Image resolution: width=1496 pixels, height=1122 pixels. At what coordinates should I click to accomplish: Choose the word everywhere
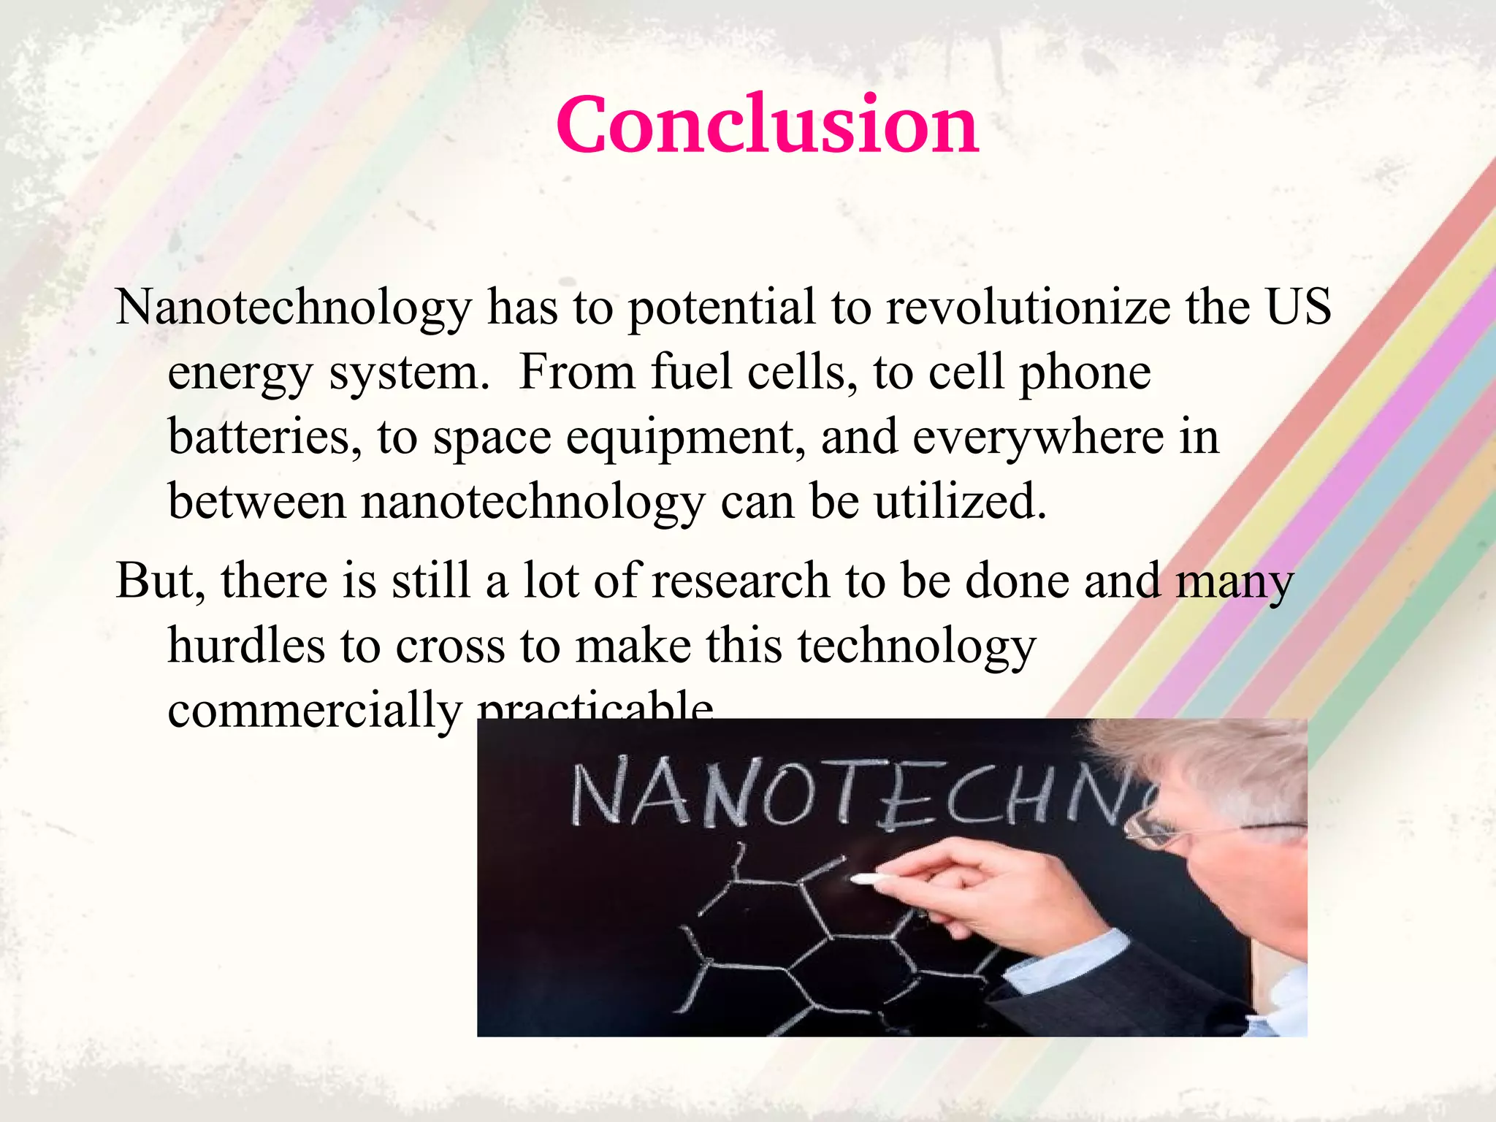tap(1037, 437)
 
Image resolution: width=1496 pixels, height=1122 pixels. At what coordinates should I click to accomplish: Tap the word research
tap(740, 581)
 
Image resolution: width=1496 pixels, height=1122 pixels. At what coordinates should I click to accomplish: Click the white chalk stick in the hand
tap(869, 878)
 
